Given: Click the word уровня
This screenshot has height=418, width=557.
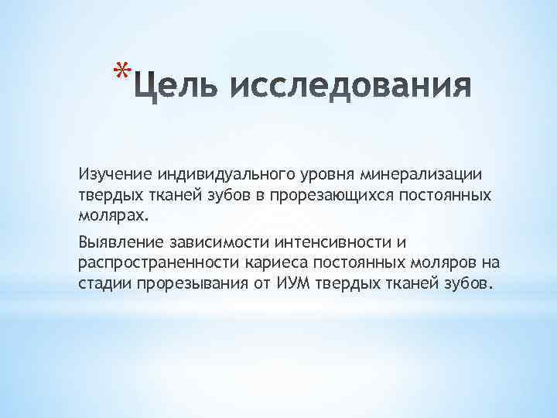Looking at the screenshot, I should tap(296, 177).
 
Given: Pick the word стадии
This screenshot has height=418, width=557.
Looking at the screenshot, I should tap(105, 283).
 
